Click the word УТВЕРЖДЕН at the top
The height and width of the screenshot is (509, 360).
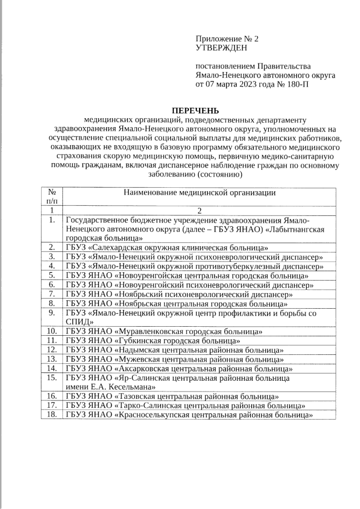(221, 49)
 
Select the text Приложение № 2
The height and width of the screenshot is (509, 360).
(227, 39)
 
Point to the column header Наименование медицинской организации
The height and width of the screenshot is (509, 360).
(199, 193)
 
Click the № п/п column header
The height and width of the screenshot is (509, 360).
(51, 197)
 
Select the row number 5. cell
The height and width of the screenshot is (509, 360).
(51, 276)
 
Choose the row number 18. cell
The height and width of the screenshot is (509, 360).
(51, 415)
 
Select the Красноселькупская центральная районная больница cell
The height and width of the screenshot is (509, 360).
(189, 415)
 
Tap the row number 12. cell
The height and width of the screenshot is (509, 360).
(51, 350)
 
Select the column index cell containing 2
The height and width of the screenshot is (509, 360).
(199, 210)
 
